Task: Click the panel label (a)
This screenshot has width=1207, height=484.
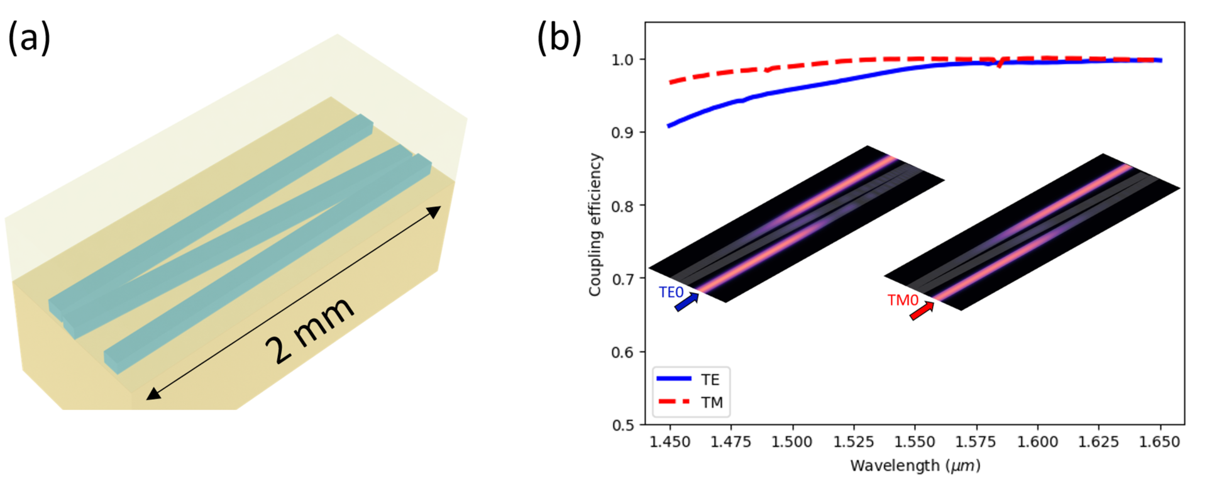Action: coord(29,38)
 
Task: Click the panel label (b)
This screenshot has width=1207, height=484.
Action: coord(559,38)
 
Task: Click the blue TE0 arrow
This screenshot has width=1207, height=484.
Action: coord(686,302)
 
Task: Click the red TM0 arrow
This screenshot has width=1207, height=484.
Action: coord(922,311)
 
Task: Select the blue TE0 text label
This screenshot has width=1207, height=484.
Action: coord(671,292)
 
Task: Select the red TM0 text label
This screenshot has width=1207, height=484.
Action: coord(903,300)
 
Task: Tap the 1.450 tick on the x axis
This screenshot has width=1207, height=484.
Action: coord(670,442)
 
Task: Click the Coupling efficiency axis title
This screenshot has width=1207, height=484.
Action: coord(595,224)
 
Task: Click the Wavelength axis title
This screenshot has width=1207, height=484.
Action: coord(915,466)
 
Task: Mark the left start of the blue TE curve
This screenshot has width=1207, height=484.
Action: coord(669,126)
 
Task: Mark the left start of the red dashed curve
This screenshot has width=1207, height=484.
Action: coord(670,82)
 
